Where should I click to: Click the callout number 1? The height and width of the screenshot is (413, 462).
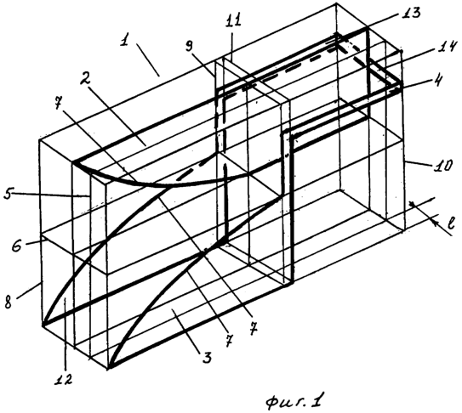pos(125,41)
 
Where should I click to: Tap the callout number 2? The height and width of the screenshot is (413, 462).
pos(86,77)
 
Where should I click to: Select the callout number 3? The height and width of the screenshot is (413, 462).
pos(207,356)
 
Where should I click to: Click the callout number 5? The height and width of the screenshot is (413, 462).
pos(9,194)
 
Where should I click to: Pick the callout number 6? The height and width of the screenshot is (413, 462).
pos(17,245)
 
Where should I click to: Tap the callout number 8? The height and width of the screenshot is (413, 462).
pos(9,302)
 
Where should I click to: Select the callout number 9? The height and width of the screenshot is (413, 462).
pos(190,47)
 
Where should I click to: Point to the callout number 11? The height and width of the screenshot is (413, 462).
pos(234,21)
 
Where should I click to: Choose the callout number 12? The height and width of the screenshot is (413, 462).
pos(64,380)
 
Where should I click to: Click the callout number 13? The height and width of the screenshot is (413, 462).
pos(409,13)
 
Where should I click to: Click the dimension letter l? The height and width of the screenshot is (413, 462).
pos(451,223)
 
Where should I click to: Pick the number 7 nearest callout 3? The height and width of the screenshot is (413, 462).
pos(229,340)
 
